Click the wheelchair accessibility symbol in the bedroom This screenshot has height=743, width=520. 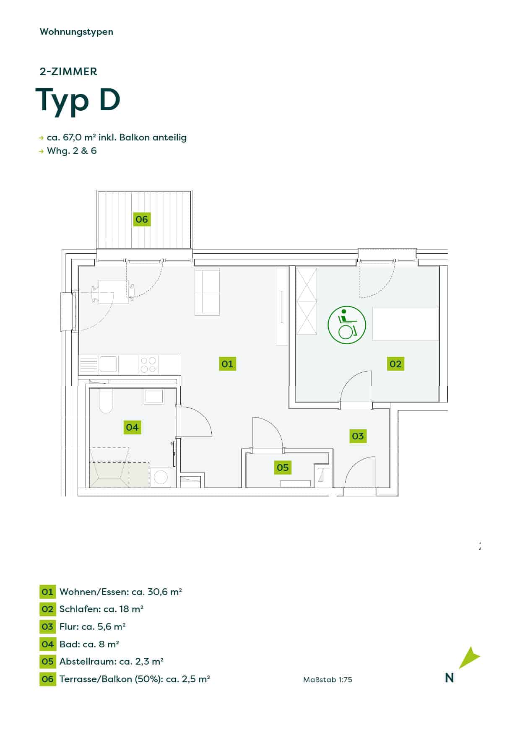[347, 325]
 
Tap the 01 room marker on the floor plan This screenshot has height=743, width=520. [227, 364]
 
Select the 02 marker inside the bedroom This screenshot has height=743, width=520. [395, 364]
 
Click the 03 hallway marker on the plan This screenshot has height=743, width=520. [358, 436]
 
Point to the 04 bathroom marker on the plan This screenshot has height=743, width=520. [132, 427]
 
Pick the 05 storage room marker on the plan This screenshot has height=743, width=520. [283, 467]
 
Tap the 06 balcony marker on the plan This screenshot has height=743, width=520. [142, 219]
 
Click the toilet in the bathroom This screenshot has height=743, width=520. [106, 401]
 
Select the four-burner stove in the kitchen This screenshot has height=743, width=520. [148, 365]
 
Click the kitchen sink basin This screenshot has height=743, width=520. [108, 364]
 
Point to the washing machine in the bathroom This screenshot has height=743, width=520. [161, 477]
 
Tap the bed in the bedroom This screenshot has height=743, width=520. [406, 324]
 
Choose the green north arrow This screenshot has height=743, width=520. [469, 657]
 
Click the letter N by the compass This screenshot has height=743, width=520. [450, 678]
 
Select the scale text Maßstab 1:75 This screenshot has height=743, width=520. [328, 680]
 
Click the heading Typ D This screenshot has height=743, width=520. [78, 100]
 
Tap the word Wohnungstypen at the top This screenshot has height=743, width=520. [76, 32]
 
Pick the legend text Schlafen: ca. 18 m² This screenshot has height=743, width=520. [101, 609]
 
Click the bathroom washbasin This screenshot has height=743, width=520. [154, 396]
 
